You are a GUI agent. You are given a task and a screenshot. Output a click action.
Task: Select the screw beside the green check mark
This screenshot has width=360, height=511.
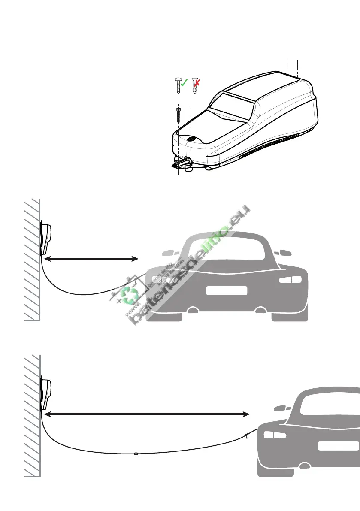pos(178,85)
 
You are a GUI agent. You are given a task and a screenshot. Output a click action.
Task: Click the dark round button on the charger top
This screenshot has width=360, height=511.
pos(191,139)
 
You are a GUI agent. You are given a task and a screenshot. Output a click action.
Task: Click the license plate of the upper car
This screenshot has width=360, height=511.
pos(227,291)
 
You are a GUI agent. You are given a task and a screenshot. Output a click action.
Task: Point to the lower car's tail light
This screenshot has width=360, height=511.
pos(269,435)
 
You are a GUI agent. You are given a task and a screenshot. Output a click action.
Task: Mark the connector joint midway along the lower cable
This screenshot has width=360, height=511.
pos(136,454)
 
